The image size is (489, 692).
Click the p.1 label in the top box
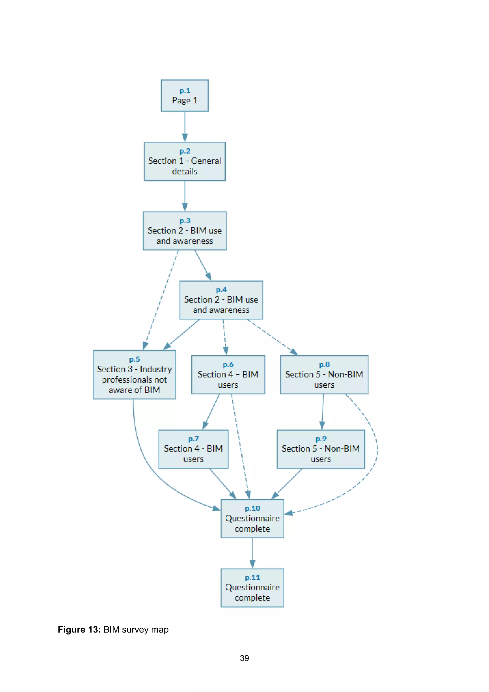click(185, 90)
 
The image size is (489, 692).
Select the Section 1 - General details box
click(185, 162)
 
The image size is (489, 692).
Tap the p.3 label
click(185, 221)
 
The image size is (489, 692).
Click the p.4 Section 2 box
click(221, 300)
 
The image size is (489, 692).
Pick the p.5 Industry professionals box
click(134, 375)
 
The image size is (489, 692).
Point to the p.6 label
click(228, 365)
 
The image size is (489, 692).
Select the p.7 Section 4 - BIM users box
click(193, 449)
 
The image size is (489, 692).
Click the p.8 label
click(324, 365)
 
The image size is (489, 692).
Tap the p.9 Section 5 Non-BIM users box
click(321, 449)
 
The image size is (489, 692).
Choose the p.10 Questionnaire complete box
click(252, 519)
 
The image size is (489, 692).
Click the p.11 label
click(252, 577)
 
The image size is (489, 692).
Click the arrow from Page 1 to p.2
click(185, 127)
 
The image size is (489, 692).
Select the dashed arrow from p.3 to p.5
click(161, 300)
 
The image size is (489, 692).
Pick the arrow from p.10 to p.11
click(252, 553)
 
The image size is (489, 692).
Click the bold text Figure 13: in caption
click(79, 630)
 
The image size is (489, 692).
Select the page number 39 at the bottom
click(244, 658)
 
